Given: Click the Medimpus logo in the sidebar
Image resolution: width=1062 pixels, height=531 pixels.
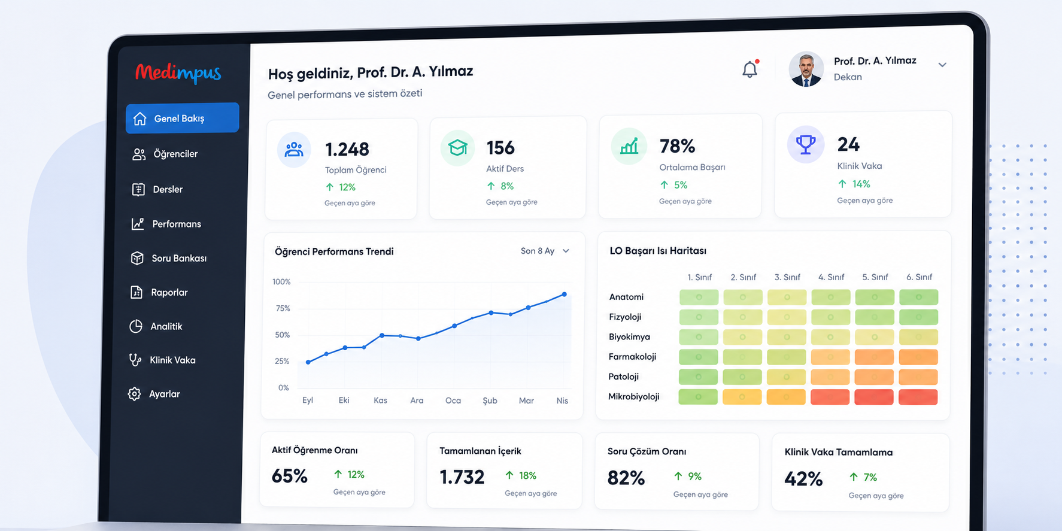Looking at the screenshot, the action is click(178, 74).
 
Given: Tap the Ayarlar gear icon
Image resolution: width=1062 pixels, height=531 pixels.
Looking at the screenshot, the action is click(135, 394).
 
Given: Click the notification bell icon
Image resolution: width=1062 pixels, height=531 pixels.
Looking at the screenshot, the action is click(750, 69).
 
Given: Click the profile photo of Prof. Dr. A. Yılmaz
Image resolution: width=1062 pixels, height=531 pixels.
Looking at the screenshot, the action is click(806, 69).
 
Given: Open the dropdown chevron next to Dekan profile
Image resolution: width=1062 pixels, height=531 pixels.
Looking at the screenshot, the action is click(942, 65).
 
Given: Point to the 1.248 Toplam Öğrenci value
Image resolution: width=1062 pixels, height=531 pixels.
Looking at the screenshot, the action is click(347, 149).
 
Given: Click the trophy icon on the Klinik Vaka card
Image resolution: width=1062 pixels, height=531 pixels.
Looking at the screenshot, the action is click(806, 144).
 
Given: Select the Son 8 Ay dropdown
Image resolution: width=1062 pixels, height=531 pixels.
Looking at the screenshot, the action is click(545, 251).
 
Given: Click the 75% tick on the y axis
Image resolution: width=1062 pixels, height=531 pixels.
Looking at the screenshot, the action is click(283, 308).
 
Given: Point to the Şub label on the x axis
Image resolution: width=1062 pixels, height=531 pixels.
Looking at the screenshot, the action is click(490, 400).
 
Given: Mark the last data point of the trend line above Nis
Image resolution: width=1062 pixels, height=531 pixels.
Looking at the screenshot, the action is click(564, 295).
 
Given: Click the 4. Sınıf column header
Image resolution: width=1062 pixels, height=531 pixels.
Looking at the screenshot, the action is click(831, 277).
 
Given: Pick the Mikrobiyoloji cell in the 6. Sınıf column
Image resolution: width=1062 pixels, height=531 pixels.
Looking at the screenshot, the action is click(918, 397).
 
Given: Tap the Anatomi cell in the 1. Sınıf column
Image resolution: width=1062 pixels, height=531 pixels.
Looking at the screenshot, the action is click(699, 297).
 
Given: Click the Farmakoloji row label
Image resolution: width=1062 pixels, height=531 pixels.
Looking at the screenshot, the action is click(632, 357).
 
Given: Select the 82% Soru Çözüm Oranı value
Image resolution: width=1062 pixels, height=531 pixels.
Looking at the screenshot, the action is click(626, 478).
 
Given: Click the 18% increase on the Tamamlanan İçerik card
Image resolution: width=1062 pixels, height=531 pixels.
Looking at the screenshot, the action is click(521, 475).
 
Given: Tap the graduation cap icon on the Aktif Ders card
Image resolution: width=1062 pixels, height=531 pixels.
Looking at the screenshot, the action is click(458, 147).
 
